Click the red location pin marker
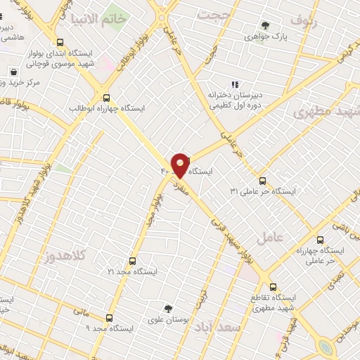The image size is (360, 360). click(x=180, y=165)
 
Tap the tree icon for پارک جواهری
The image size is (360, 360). click(x=264, y=25)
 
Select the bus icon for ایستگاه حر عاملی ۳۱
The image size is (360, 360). click(x=262, y=181)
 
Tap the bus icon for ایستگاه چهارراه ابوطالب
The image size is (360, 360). click(x=106, y=98)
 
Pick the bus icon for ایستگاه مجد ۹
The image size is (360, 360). click(x=109, y=318)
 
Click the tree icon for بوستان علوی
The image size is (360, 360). click(x=167, y=309)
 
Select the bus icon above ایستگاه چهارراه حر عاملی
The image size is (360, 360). click(x=321, y=240)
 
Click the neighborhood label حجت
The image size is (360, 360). click(x=214, y=15)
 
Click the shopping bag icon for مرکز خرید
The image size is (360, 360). click(x=13, y=72)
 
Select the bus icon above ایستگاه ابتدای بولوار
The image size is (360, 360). click(x=60, y=42)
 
